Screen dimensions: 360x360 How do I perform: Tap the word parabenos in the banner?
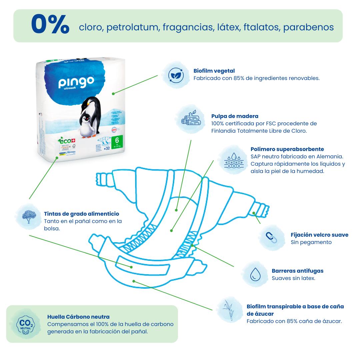308,27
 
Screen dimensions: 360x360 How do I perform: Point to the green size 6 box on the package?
117,142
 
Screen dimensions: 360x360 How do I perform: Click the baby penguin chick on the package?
86,123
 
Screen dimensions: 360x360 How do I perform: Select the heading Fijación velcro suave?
319,235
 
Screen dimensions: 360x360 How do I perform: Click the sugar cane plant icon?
228,310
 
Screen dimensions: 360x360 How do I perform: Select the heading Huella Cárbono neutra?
78,317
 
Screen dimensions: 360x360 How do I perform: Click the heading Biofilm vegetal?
214,71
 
